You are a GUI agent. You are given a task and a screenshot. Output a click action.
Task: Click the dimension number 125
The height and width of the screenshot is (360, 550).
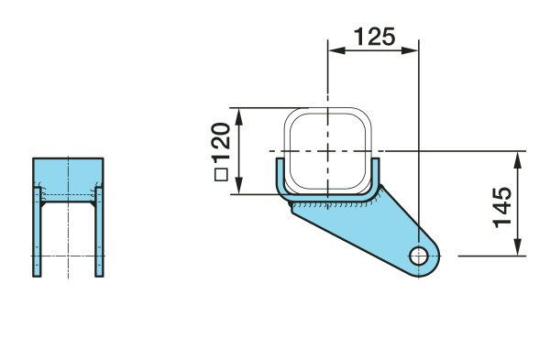click(374, 37)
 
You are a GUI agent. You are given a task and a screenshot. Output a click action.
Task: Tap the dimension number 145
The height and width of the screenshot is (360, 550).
click(502, 208)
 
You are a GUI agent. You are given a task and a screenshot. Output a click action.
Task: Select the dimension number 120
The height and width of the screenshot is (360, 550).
click(221, 141)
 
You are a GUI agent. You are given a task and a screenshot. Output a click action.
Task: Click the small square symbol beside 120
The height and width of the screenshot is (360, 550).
click(221, 175)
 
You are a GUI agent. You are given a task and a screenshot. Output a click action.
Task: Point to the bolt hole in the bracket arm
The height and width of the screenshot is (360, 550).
click(419, 256)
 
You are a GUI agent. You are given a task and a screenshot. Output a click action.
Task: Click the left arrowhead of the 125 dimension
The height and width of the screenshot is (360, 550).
click(336, 50)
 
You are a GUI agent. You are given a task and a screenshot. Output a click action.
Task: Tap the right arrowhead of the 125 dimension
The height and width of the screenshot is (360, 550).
click(410, 50)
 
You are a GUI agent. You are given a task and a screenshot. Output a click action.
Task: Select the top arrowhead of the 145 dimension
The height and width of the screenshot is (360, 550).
click(517, 159)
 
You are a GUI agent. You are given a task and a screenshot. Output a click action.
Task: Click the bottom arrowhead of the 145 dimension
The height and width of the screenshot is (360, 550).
click(517, 247)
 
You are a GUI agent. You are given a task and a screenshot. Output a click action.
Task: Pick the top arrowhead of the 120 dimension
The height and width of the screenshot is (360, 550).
click(239, 116)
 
